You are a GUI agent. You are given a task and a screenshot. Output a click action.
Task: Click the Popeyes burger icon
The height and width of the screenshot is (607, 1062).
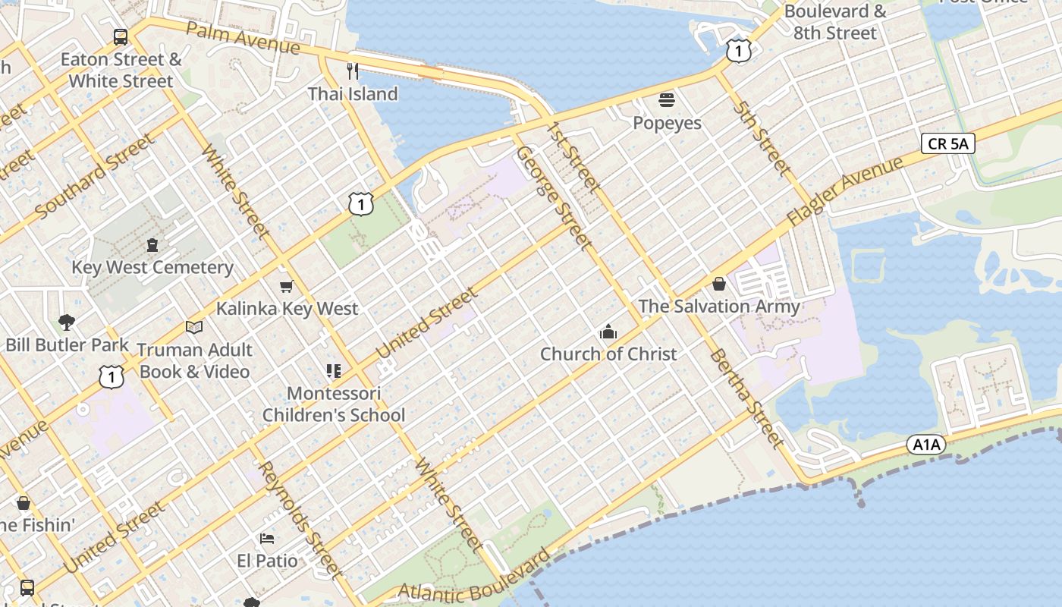[667, 100]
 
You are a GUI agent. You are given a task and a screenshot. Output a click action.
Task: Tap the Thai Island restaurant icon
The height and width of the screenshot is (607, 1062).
[352, 71]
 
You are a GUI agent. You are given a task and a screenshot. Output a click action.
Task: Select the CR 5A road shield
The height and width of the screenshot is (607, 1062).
[948, 143]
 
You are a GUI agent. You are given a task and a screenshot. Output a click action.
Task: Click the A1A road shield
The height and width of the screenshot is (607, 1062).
[926, 445]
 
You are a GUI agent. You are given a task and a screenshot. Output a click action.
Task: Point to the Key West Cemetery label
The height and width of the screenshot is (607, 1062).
[152, 267]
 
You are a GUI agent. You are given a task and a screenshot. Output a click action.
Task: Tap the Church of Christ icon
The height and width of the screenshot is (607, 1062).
[608, 332]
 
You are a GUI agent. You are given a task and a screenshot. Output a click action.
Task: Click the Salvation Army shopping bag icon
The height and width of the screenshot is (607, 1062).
[718, 284]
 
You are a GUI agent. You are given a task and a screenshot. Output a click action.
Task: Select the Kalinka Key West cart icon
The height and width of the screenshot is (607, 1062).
[286, 286]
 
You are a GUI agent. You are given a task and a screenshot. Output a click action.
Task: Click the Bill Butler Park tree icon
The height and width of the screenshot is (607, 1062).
[66, 322]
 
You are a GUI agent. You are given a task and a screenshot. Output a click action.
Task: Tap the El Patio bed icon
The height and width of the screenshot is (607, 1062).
[267, 539]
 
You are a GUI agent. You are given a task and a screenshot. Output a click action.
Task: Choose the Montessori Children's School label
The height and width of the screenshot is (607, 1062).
[334, 404]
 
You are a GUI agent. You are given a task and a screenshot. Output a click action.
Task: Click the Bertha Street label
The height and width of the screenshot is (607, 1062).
[746, 398]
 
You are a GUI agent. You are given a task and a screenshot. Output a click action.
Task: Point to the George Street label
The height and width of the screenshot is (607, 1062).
[553, 198]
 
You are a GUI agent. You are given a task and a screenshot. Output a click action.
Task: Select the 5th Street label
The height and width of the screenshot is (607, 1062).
[761, 138]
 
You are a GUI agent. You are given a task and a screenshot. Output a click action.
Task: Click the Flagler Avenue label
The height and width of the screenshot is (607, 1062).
[844, 190]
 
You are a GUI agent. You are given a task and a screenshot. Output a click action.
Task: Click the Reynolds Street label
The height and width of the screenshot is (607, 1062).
[300, 520]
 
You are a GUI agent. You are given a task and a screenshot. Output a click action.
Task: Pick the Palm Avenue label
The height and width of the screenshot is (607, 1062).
[243, 38]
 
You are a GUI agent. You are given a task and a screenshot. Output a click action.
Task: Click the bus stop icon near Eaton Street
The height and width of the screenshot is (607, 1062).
[120, 36]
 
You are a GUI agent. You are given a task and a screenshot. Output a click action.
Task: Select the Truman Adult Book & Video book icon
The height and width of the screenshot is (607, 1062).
[194, 327]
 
